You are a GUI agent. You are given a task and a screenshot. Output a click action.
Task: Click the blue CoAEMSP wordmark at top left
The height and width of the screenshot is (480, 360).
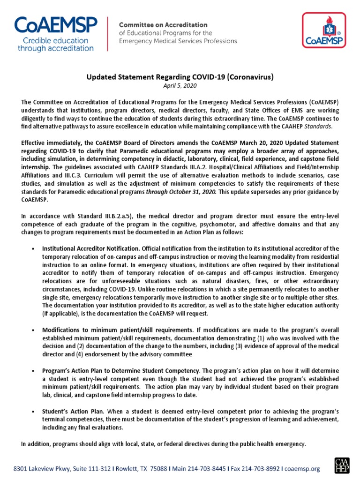[x=55, y=25]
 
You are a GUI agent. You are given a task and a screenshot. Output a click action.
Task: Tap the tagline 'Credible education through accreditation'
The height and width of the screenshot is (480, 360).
[x=55, y=44]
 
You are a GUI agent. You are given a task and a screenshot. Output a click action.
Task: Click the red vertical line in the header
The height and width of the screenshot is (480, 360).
[x=109, y=33]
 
